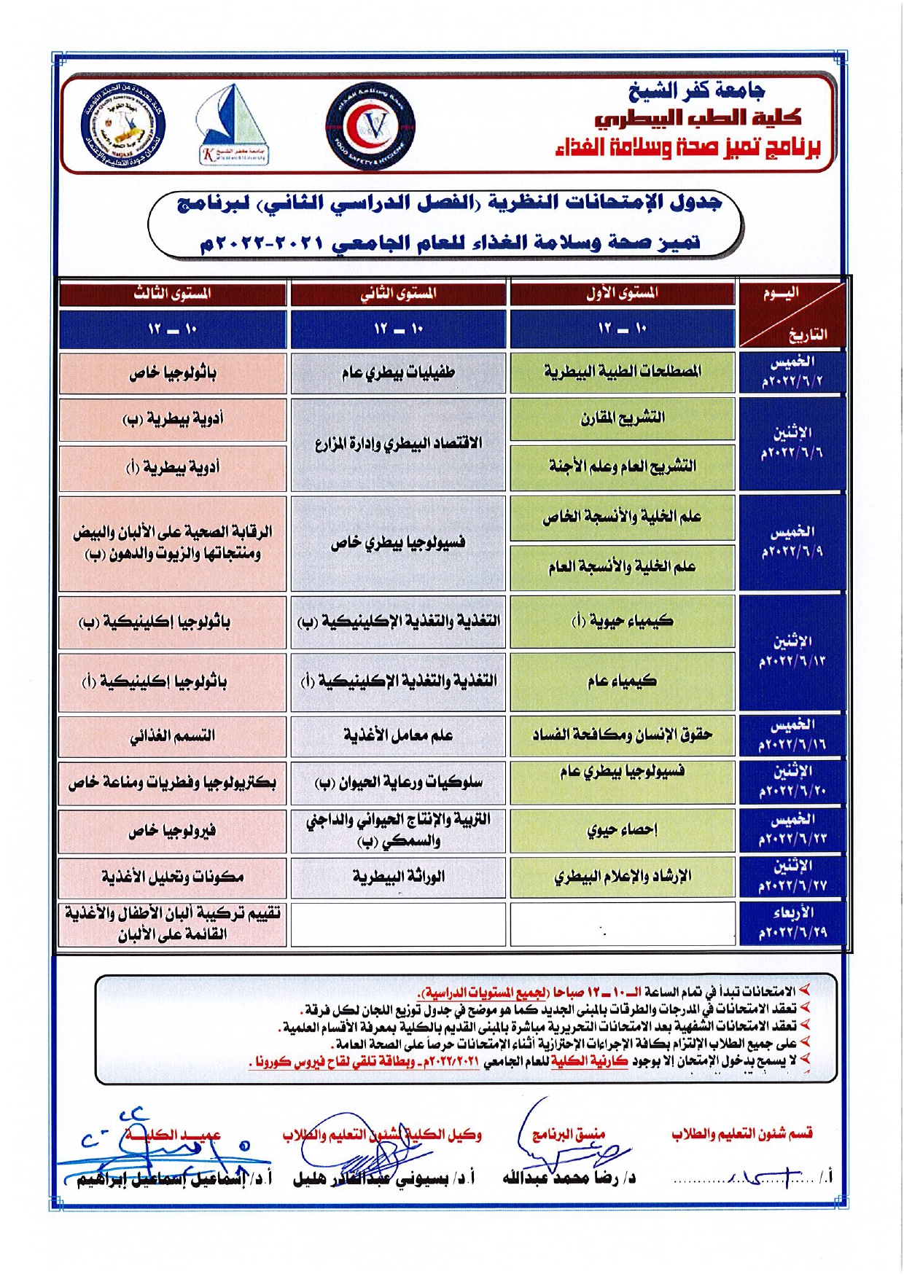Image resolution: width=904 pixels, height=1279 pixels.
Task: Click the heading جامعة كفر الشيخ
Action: [x=696, y=91]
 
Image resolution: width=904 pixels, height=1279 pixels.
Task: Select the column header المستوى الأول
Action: [x=622, y=293]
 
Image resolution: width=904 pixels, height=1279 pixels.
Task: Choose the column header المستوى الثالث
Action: [x=172, y=294]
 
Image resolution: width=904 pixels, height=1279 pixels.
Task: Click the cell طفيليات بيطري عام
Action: [x=398, y=373]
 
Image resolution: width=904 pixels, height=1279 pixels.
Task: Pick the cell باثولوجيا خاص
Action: [x=172, y=373]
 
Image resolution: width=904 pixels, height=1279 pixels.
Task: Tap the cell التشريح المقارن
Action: [x=622, y=418]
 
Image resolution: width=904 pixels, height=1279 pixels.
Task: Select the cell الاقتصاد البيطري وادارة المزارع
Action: [x=398, y=443]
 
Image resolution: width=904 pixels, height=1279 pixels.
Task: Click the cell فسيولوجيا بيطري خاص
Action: [x=398, y=543]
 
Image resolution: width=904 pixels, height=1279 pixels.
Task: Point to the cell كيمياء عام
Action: [x=622, y=681]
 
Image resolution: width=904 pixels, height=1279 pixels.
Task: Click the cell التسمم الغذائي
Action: [x=172, y=736]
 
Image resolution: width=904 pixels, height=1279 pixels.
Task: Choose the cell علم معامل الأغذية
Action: [x=398, y=736]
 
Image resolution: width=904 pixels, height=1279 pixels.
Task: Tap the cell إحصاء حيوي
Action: [x=622, y=830]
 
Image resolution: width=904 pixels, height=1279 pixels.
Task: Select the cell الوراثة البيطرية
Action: [x=398, y=877]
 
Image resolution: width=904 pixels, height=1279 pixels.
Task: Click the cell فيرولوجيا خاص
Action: [x=172, y=831]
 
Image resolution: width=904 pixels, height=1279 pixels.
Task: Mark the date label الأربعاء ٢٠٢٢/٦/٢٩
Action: [x=792, y=923]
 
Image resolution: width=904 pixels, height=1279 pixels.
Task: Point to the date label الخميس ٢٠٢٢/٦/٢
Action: [x=792, y=372]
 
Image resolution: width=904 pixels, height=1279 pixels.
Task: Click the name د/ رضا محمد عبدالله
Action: [x=569, y=1178]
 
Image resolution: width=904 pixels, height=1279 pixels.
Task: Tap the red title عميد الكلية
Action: [x=172, y=1135]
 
